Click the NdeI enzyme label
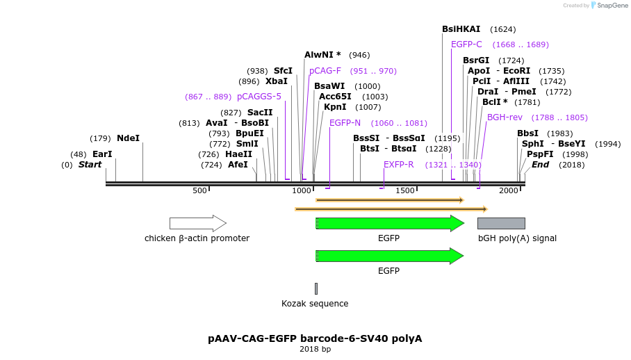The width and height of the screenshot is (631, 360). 128,138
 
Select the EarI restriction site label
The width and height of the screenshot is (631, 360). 102,154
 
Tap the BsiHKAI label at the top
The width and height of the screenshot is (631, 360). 461,29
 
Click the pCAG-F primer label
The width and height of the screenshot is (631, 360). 325,71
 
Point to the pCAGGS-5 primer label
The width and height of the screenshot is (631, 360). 259,97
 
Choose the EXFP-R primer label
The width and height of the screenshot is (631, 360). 399,165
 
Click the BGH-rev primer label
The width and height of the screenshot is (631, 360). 505,117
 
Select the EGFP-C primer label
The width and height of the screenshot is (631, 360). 466,44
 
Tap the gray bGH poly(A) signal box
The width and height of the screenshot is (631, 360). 501,223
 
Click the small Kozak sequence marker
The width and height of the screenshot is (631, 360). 315,288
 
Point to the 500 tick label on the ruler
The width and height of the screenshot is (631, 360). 200,190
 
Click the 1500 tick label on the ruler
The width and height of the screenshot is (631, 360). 404,190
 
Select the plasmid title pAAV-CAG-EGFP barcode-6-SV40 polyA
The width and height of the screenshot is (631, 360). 315,338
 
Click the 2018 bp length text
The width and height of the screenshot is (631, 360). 315,349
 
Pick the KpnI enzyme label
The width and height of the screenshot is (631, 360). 335,107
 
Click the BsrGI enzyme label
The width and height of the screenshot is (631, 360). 476,60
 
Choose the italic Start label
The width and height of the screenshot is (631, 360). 90,165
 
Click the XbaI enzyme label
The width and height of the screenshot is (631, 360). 277,81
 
